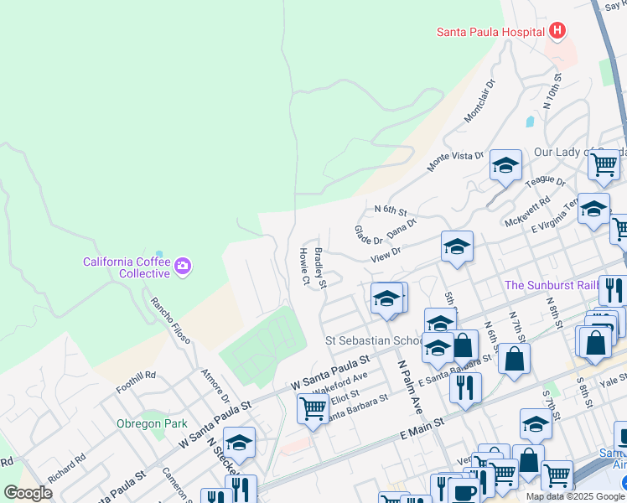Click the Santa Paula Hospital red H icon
coord(557,32)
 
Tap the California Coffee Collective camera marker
coord(184,267)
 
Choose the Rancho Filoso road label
coord(170,320)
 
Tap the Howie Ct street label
coord(305,265)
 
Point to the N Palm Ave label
coord(409,387)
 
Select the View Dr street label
coord(386,254)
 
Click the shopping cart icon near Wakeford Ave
coord(313,410)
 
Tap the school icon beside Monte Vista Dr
coord(506,167)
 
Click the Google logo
coord(28,493)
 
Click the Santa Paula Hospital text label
coord(490,32)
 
